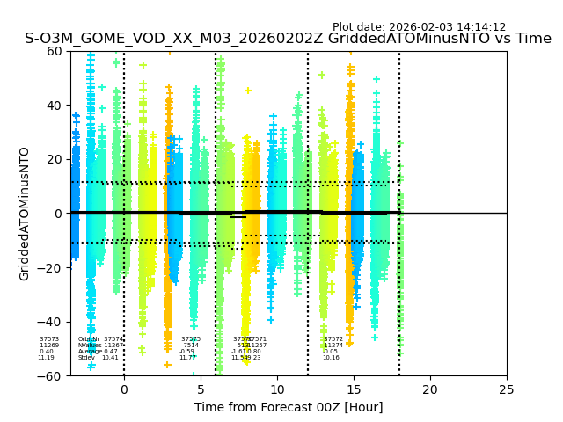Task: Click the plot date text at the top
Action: [x=419, y=27]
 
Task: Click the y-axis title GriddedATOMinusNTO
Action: [x=25, y=214]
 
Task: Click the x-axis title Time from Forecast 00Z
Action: [x=289, y=407]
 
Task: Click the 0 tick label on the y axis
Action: [x=57, y=214]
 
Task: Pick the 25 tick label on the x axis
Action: [x=507, y=389]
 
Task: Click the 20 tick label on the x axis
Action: [x=430, y=389]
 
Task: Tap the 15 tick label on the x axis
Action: [x=354, y=389]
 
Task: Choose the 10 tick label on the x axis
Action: [x=277, y=389]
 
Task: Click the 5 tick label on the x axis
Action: [x=201, y=389]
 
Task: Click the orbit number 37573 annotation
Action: [x=49, y=339]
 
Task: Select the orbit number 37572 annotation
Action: [x=333, y=339]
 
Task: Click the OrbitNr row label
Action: [x=89, y=339]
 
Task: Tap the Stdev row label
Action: [x=86, y=358]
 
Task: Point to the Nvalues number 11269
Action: [x=49, y=346]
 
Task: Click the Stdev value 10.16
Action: [x=331, y=358]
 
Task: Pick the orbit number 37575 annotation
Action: [x=191, y=339]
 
